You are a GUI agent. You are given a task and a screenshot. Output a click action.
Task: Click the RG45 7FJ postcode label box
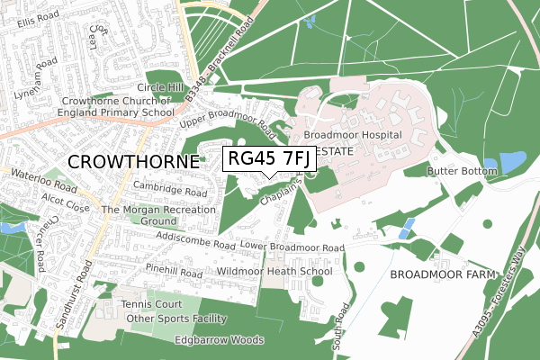[x=268, y=158]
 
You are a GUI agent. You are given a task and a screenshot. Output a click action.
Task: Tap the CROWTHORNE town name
[x=133, y=161]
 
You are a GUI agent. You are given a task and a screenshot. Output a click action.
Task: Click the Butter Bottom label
[x=462, y=170]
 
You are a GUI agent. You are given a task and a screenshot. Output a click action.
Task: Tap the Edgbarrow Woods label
[x=220, y=340]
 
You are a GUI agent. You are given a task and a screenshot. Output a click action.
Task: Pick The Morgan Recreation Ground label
[x=159, y=215]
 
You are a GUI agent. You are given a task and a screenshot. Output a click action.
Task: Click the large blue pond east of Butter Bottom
[x=513, y=162]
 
